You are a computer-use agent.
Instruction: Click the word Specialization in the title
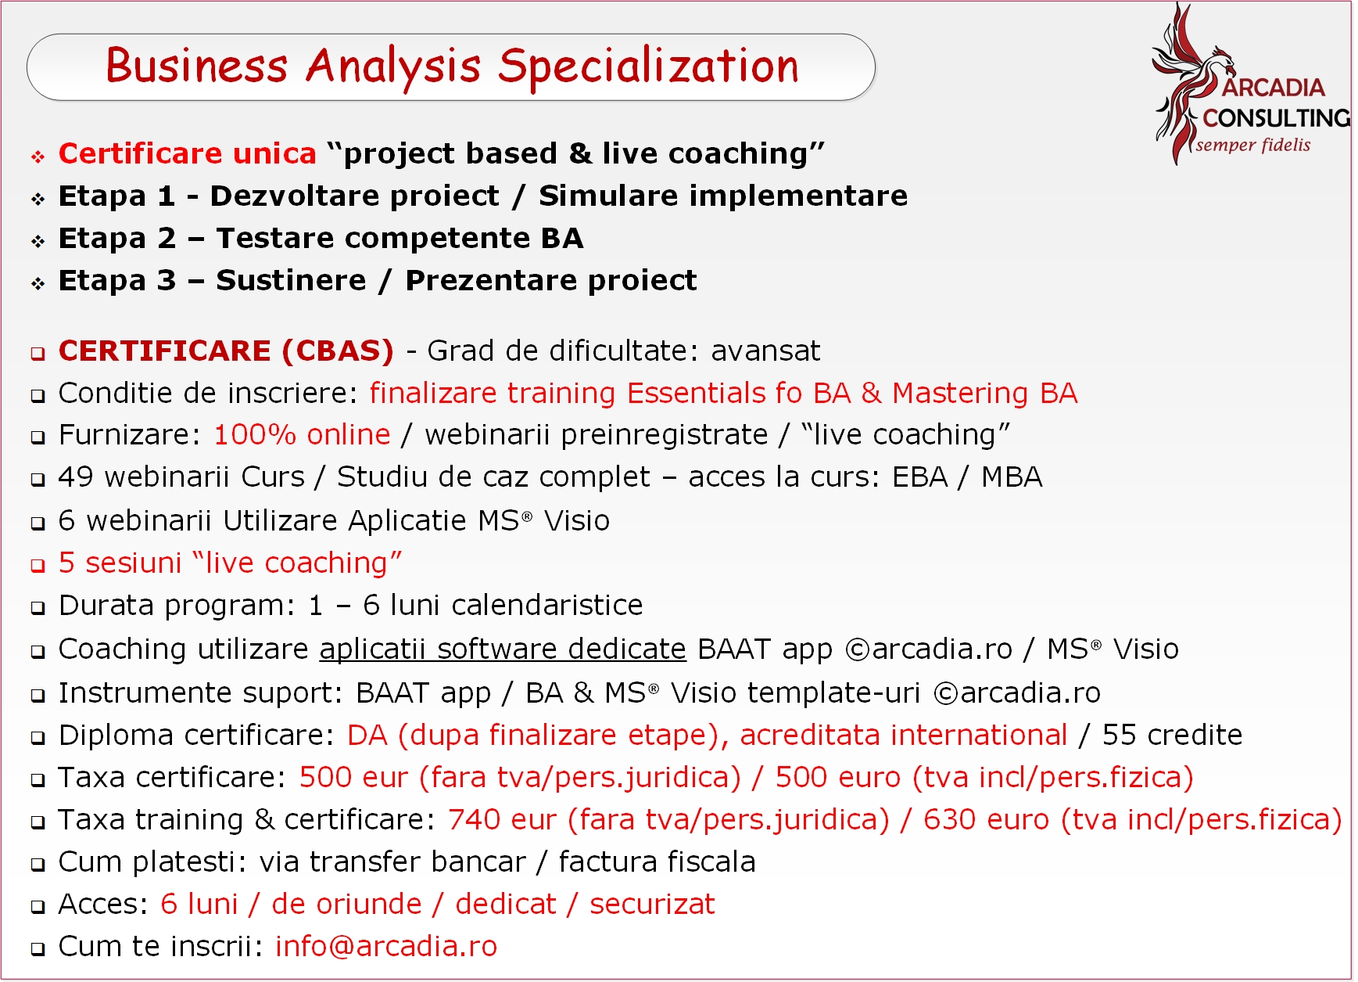648,67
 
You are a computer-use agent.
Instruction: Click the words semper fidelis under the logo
1253,145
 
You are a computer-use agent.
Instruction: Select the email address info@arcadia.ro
386,947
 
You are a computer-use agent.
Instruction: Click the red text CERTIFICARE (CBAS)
227,351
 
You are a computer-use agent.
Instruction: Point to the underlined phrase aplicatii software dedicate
503,649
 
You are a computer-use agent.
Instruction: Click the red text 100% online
302,435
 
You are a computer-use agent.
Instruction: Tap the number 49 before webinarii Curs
76,477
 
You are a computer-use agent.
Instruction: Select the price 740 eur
502,820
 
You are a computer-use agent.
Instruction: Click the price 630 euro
986,820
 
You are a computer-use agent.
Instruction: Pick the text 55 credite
1172,736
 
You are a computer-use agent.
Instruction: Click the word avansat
765,351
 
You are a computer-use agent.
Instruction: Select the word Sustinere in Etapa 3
291,280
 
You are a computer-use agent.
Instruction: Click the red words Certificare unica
188,153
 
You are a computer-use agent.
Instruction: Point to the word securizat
652,905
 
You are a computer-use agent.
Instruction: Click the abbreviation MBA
1012,477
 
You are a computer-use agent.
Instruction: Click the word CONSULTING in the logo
1276,118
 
